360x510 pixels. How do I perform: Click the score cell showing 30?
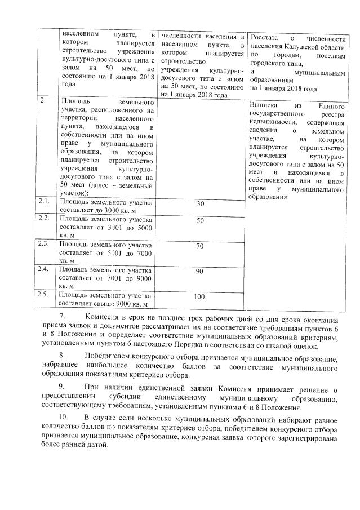[x=199, y=204]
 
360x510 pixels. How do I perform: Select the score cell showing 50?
[x=199, y=221]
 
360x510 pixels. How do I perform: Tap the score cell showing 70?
[x=199, y=246]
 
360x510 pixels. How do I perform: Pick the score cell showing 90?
[x=199, y=272]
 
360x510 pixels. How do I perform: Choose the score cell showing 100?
[x=199, y=296]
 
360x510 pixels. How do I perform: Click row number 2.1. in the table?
[x=43, y=201]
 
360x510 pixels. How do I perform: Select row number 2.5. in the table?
[x=43, y=294]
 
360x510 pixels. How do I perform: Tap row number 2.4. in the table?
[x=43, y=269]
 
